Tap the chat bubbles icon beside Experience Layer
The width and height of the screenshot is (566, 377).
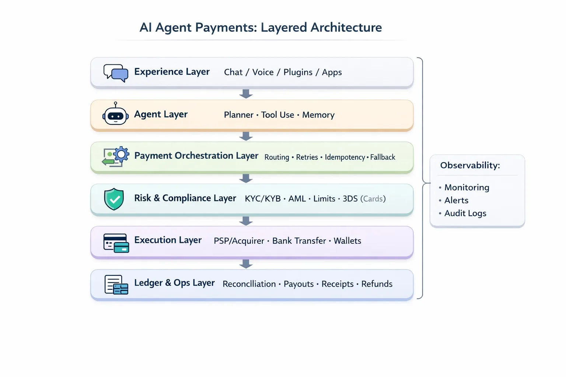(x=116, y=73)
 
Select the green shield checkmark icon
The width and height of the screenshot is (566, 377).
(x=114, y=199)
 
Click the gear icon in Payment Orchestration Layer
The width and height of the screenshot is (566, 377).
(x=121, y=155)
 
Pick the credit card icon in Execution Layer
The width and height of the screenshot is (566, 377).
(x=116, y=243)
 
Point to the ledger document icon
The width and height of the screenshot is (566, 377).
(x=116, y=285)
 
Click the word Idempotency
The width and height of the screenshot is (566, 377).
(x=345, y=157)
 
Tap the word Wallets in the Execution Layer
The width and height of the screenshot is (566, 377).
(x=347, y=241)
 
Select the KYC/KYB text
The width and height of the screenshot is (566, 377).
(x=262, y=199)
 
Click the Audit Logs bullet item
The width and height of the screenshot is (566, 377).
(x=465, y=213)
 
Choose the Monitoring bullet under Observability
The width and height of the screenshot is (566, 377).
(x=467, y=187)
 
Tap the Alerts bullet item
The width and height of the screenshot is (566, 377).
(x=456, y=200)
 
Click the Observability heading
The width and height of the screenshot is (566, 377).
(x=470, y=165)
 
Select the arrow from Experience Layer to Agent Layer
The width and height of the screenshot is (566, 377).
(x=246, y=94)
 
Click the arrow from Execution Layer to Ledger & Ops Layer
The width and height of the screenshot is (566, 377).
(x=246, y=264)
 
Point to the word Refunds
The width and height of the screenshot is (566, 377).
(x=377, y=284)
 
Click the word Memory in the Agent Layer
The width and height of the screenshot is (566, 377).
(x=318, y=115)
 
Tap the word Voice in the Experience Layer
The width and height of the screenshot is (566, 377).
(x=263, y=72)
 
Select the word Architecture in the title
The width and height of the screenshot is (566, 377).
(x=346, y=28)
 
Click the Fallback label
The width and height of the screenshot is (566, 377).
(x=382, y=157)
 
